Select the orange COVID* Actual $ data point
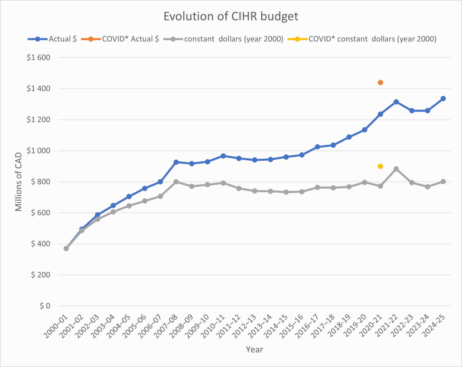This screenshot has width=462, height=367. [380, 83]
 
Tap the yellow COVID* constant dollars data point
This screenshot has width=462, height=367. [380, 166]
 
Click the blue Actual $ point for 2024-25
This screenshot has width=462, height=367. [443, 98]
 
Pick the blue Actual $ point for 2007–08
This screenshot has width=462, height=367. [176, 162]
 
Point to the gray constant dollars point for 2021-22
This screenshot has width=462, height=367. [396, 169]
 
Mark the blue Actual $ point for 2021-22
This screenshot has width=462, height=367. [396, 102]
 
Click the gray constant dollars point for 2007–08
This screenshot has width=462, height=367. [176, 181]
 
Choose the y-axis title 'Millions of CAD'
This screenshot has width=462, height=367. [19, 181]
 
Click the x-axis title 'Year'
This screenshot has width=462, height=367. [254, 349]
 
